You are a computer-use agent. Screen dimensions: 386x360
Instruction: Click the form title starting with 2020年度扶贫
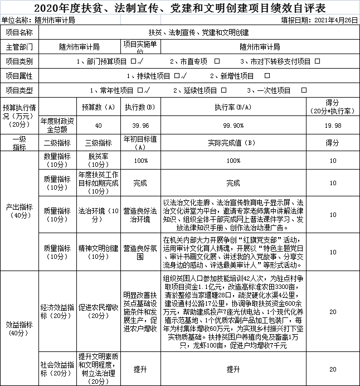(x=180, y=8)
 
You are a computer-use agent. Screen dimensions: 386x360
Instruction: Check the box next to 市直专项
(x=217, y=61)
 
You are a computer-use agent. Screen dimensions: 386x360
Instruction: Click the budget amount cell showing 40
(x=98, y=126)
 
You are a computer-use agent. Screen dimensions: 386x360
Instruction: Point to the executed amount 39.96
(x=140, y=126)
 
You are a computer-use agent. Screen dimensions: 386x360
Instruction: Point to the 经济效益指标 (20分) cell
(x=58, y=311)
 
